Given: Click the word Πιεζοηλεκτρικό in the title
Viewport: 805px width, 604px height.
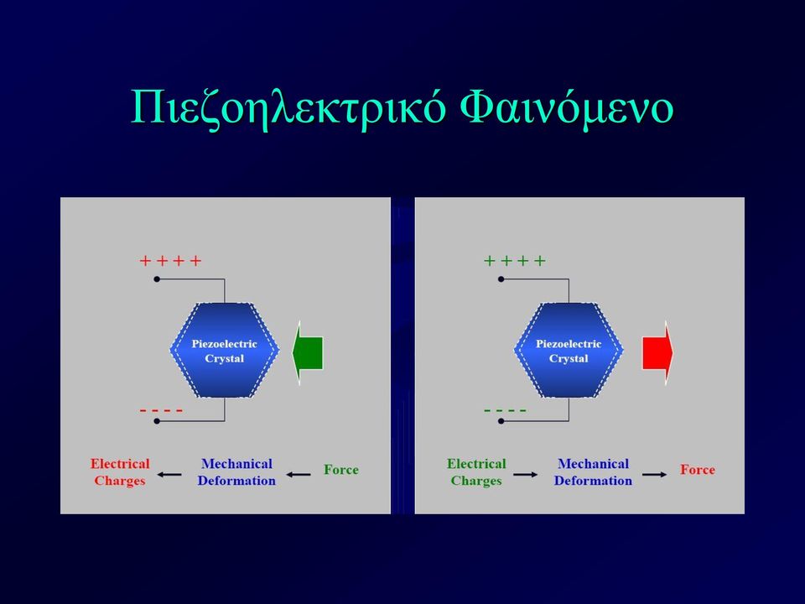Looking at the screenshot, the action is coord(288,108).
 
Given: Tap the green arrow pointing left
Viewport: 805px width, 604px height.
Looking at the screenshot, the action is coord(308,353).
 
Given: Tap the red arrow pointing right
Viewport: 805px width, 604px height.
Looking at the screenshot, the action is coord(657,353).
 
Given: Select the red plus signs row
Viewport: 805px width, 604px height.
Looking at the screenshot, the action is coord(170,261).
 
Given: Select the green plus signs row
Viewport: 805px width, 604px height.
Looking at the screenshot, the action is coord(514,261).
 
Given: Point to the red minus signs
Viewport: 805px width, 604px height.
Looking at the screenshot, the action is coord(161,410).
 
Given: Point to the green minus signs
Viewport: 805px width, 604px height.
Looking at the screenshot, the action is coord(505,410).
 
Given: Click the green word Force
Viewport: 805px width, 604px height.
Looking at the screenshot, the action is coord(341,470).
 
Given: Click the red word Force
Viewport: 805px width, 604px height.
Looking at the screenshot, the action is coord(697,470).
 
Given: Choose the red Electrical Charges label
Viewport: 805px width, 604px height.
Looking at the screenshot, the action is coord(120,472).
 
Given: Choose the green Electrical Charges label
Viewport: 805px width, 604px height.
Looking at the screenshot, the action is coord(476,472).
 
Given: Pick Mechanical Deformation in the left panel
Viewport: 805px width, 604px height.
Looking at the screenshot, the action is coord(236,472).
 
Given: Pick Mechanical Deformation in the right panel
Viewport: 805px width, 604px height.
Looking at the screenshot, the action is coord(593,472).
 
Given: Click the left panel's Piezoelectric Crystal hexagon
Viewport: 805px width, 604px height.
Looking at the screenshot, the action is coord(225,351).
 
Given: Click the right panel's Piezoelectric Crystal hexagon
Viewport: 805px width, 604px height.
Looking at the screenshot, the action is coord(569,351).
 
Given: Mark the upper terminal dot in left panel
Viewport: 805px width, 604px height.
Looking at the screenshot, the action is coord(157,279).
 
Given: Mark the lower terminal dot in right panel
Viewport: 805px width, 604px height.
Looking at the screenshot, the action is coord(501,421).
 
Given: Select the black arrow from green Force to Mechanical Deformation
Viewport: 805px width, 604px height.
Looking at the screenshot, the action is coord(299,475).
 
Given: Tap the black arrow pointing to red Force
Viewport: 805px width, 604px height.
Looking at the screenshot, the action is coord(655,475).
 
